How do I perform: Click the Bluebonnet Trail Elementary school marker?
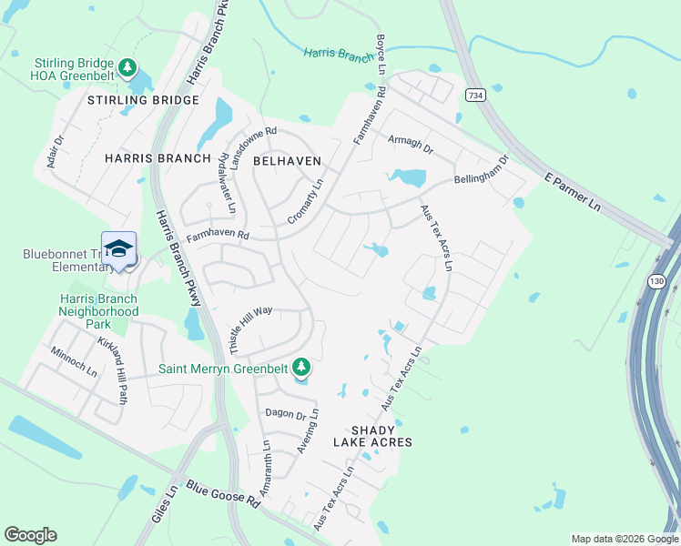pos(118,248)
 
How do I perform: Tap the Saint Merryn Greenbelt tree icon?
pos(301,369)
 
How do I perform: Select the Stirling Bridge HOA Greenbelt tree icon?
pos(128,68)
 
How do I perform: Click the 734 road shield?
pos(474,95)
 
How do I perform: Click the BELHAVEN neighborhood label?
pos(287,159)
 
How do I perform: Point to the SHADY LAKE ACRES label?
pos(381,436)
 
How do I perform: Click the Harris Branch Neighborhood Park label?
pos(98,311)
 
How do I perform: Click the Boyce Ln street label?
pos(380,54)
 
